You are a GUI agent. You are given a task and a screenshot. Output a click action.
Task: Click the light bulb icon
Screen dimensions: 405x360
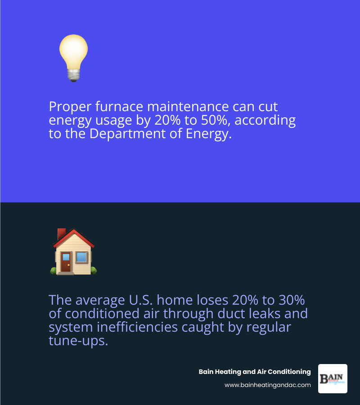(x=73, y=56)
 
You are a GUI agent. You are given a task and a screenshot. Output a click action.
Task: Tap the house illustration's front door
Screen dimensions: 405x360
(x=66, y=262)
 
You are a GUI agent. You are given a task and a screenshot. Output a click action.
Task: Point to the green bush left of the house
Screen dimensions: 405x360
(x=53, y=270)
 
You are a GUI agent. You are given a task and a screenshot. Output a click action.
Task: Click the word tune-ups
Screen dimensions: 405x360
(x=78, y=341)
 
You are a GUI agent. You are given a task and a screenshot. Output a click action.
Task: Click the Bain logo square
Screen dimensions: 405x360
(x=333, y=378)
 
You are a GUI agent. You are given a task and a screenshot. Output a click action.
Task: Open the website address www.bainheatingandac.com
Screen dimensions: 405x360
(x=267, y=385)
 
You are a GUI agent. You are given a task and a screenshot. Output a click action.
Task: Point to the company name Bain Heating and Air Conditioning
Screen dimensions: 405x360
(x=255, y=372)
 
